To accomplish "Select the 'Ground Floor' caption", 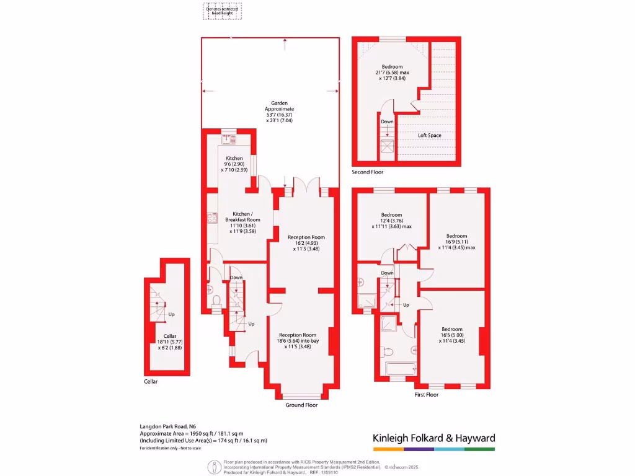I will pos(301,405).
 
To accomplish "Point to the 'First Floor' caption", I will pos(426,394).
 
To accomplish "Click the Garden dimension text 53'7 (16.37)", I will pos(278,115).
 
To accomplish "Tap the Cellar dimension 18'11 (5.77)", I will pos(170,342).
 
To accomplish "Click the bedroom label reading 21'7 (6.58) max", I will pos(391,73).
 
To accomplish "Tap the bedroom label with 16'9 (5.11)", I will pos(456,242).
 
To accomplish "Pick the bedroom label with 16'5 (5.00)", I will pos(451,335).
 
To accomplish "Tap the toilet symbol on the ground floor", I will pos(216,302).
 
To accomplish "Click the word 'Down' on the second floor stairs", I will pos(387,121).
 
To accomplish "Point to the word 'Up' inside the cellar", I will pos(172,314).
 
